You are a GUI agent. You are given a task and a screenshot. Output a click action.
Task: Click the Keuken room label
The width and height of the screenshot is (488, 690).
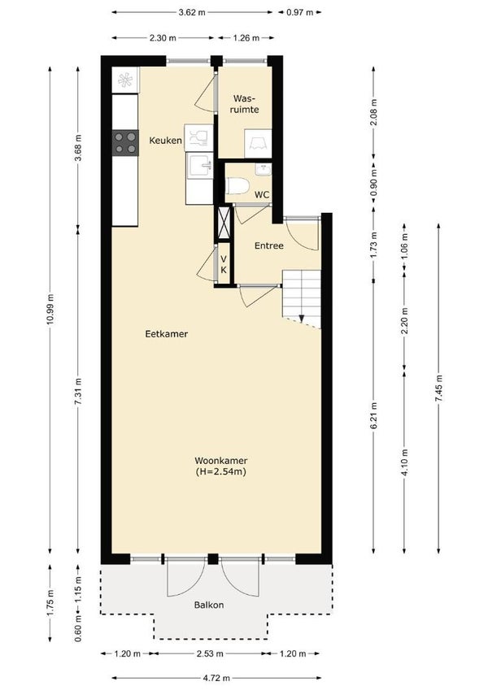click(x=165, y=141)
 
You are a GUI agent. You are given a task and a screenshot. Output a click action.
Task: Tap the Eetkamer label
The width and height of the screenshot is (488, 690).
click(x=167, y=334)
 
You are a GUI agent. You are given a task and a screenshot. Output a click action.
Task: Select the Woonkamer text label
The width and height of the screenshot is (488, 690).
click(x=221, y=461)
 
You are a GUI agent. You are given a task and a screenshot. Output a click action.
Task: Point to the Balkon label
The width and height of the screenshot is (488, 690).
click(x=209, y=605)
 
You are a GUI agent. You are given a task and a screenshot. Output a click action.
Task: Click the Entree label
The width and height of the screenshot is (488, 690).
click(x=268, y=246)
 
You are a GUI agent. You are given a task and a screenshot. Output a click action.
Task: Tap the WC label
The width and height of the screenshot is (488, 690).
click(x=262, y=195)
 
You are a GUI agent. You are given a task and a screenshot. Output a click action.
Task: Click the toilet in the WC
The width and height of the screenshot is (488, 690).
click(x=237, y=184)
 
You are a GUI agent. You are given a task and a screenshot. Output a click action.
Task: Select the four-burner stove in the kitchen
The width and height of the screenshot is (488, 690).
click(x=125, y=143)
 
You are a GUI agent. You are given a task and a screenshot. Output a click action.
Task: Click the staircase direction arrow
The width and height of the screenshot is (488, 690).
click(x=302, y=318)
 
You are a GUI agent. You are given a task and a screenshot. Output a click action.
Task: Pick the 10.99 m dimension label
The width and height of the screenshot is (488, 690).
click(x=50, y=310)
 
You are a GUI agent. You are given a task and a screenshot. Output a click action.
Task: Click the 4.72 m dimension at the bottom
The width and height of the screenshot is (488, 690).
click(x=216, y=678)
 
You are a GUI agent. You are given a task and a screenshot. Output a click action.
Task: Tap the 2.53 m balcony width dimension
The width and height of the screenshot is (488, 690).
click(x=210, y=653)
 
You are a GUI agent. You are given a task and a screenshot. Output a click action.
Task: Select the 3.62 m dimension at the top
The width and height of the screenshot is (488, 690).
click(x=192, y=12)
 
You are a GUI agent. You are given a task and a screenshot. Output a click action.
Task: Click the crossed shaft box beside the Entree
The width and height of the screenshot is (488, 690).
click(x=224, y=223)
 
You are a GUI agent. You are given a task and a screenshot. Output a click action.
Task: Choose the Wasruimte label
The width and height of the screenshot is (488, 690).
click(x=245, y=104)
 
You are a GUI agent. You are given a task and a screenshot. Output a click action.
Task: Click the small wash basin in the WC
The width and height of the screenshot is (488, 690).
click(x=263, y=169)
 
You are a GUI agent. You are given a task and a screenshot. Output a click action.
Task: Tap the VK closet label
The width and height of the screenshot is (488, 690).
click(x=224, y=264)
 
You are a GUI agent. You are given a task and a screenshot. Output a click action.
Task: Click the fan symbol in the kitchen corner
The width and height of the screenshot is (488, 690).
click(x=125, y=80)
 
